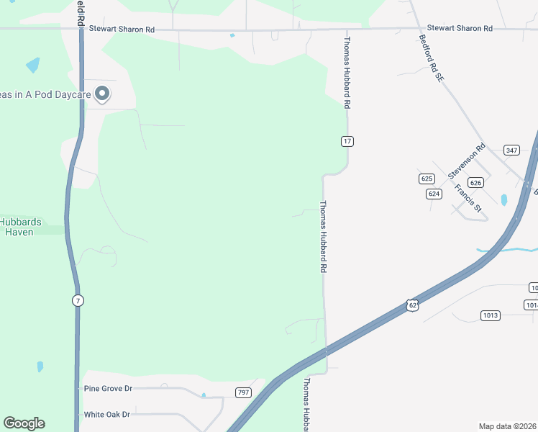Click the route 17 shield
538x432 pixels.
tap(347, 141)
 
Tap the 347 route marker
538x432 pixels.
tap(511, 150)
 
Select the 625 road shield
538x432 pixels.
tap(427, 178)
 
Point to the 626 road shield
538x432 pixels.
tap(475, 183)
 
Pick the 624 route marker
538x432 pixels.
tap(434, 194)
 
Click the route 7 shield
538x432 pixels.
tap(77, 300)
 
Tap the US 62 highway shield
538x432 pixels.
tap(411, 305)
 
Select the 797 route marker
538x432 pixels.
tap(243, 392)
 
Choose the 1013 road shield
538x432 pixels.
tap(491, 315)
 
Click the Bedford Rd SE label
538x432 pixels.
tap(430, 58)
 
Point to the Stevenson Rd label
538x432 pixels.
tap(467, 161)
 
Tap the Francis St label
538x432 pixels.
tap(468, 198)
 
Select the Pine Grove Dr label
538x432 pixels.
tap(109, 389)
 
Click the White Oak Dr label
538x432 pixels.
tap(106, 415)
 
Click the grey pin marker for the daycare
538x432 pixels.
tap(102, 94)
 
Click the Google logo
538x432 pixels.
tap(24, 423)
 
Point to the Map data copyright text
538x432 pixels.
tap(506, 426)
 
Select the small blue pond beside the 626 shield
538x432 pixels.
tap(503, 199)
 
